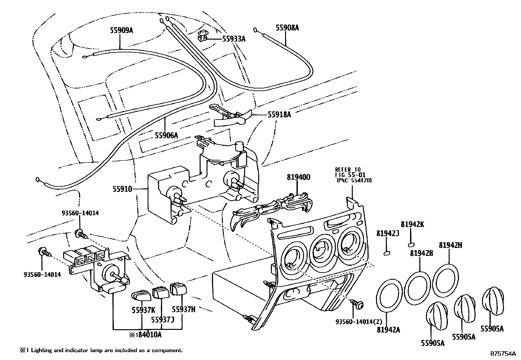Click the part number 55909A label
(x=121, y=30)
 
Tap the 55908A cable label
(x=287, y=28)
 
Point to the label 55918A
(x=279, y=114)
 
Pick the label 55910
(x=122, y=189)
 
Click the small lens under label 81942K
(x=411, y=244)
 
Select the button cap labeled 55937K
(x=141, y=295)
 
